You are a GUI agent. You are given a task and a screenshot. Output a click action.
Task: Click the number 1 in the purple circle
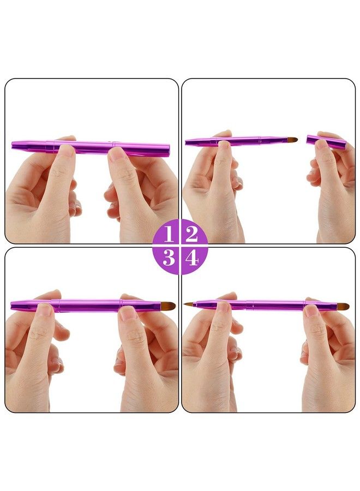point(169,234)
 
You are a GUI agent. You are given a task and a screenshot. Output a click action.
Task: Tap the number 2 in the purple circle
point(191,234)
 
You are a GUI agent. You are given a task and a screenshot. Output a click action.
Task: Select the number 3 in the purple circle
point(169,257)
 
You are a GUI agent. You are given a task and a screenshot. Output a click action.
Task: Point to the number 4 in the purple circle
point(191,257)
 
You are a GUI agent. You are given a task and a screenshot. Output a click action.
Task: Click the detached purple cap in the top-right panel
point(326,142)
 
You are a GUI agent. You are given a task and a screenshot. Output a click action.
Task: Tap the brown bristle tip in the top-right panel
point(292,140)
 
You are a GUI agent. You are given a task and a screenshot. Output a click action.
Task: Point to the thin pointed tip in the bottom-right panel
point(188,304)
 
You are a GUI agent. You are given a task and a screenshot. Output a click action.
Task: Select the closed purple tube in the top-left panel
point(90,147)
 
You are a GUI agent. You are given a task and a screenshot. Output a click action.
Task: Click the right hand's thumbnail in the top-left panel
point(117,154)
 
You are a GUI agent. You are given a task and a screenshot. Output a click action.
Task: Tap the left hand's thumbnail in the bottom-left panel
point(45,310)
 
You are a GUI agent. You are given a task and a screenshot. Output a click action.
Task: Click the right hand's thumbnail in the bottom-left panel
point(129,313)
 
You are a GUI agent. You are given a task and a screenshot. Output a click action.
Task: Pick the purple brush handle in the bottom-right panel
point(262,305)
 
